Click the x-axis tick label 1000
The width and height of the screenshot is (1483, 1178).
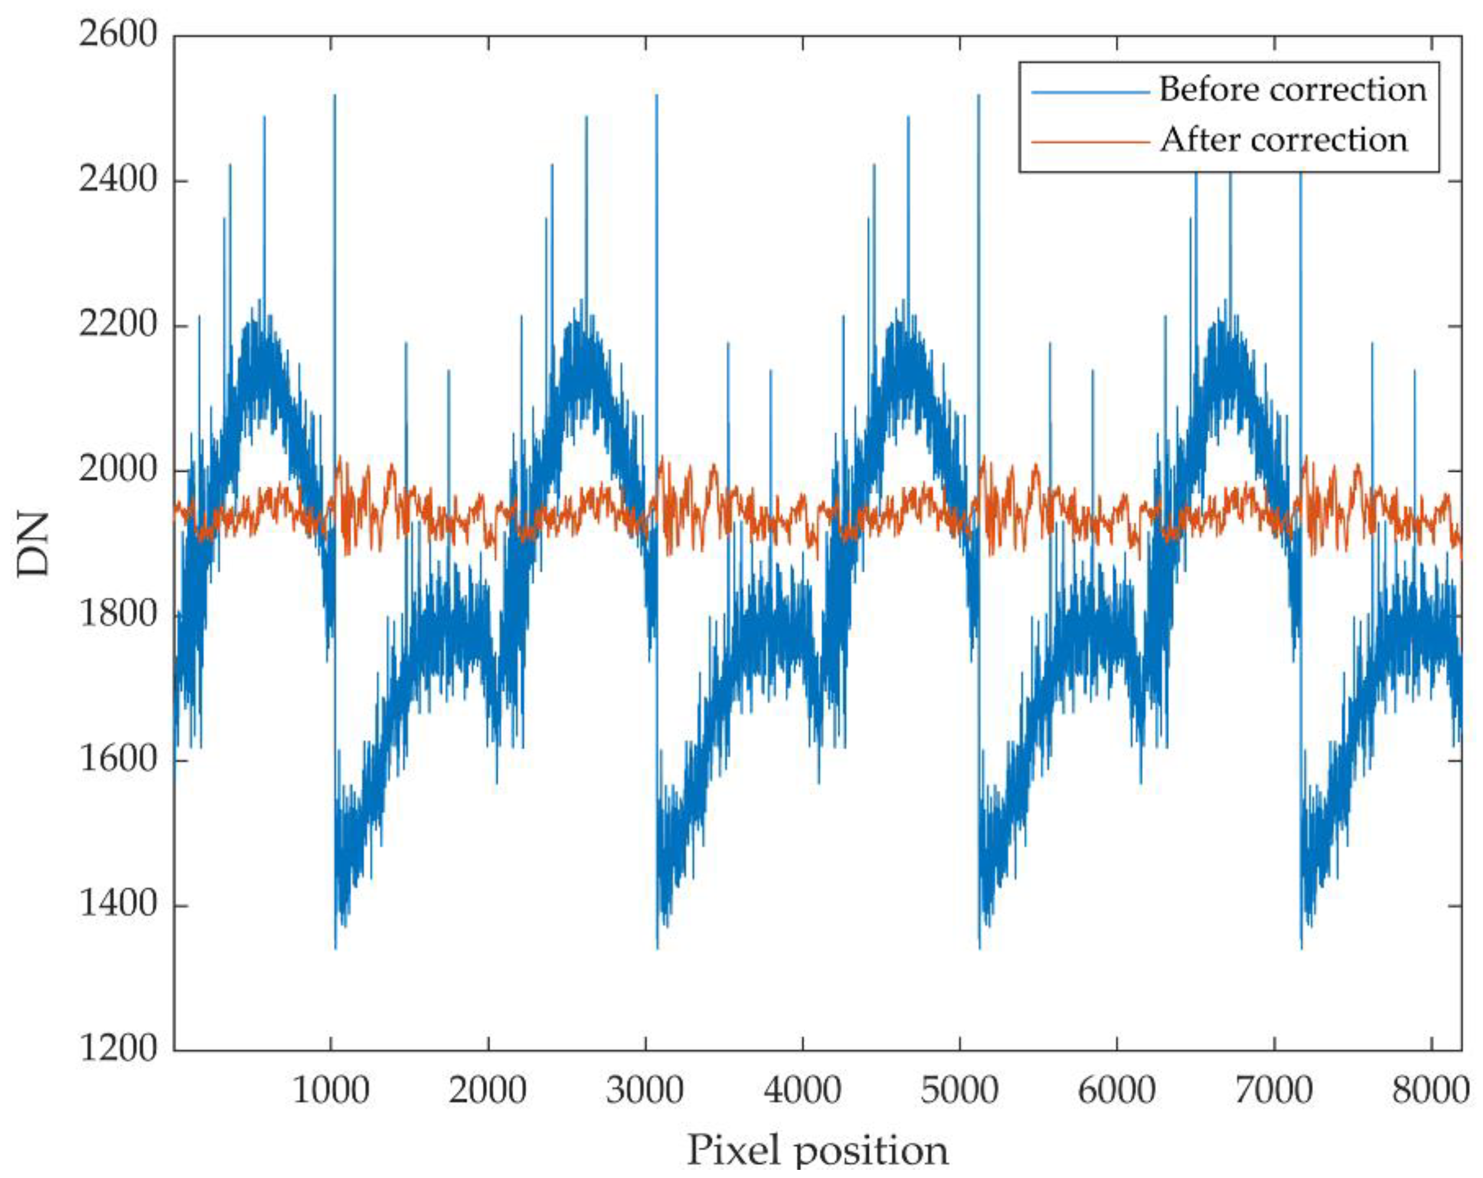331,1091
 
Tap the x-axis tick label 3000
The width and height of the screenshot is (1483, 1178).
645,1091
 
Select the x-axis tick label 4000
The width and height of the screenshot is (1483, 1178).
802,1091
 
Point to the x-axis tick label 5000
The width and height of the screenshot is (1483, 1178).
959,1091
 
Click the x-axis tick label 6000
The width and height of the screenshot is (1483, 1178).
1117,1091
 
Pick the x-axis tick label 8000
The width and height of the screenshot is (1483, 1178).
1431,1091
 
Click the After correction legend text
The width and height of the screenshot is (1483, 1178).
1284,141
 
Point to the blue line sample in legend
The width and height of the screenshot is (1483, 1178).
1090,92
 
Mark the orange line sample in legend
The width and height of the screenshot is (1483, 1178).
1090,142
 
